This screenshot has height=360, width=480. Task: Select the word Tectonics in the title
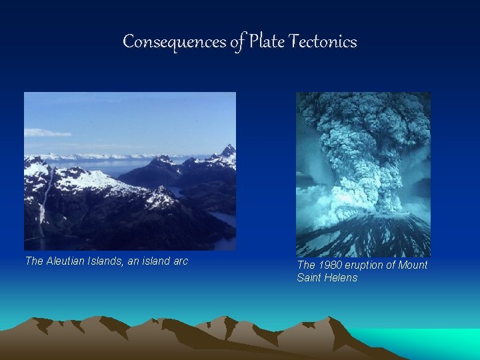point(324,42)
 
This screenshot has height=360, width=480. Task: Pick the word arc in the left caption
point(179,261)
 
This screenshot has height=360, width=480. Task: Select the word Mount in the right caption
point(413,265)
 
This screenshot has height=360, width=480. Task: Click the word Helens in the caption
point(342,278)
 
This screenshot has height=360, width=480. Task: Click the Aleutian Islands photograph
point(130,171)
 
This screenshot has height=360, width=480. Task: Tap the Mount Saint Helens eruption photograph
point(363,173)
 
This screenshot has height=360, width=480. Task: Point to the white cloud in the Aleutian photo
point(47,133)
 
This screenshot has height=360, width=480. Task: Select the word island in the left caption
point(153,261)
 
